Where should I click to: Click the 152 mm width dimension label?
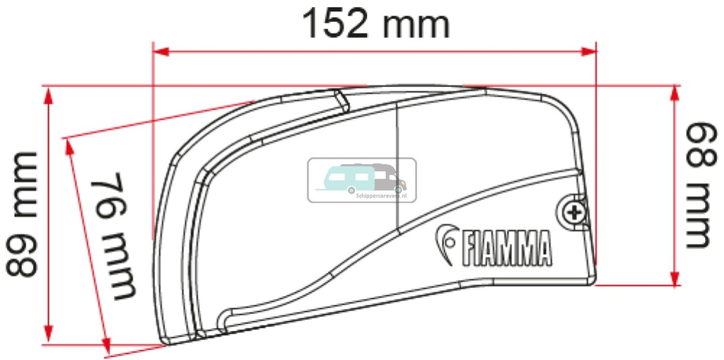(x=375, y=25)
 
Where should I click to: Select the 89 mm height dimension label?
(x=23, y=214)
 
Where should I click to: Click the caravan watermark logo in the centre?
(x=361, y=180)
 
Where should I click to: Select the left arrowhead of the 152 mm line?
(x=160, y=51)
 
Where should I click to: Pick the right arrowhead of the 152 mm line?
(x=590, y=51)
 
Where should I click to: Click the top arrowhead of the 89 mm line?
(x=48, y=95)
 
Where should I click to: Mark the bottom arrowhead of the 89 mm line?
(x=48, y=335)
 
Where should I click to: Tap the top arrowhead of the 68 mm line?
(x=675, y=94)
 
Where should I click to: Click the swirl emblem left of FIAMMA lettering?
(x=446, y=245)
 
